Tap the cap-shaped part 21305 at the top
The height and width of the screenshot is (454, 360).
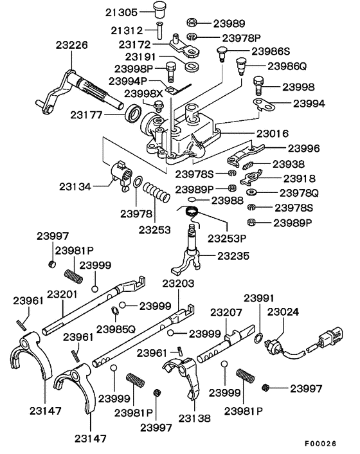tap(159, 9)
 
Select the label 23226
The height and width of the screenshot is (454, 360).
tap(71, 46)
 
